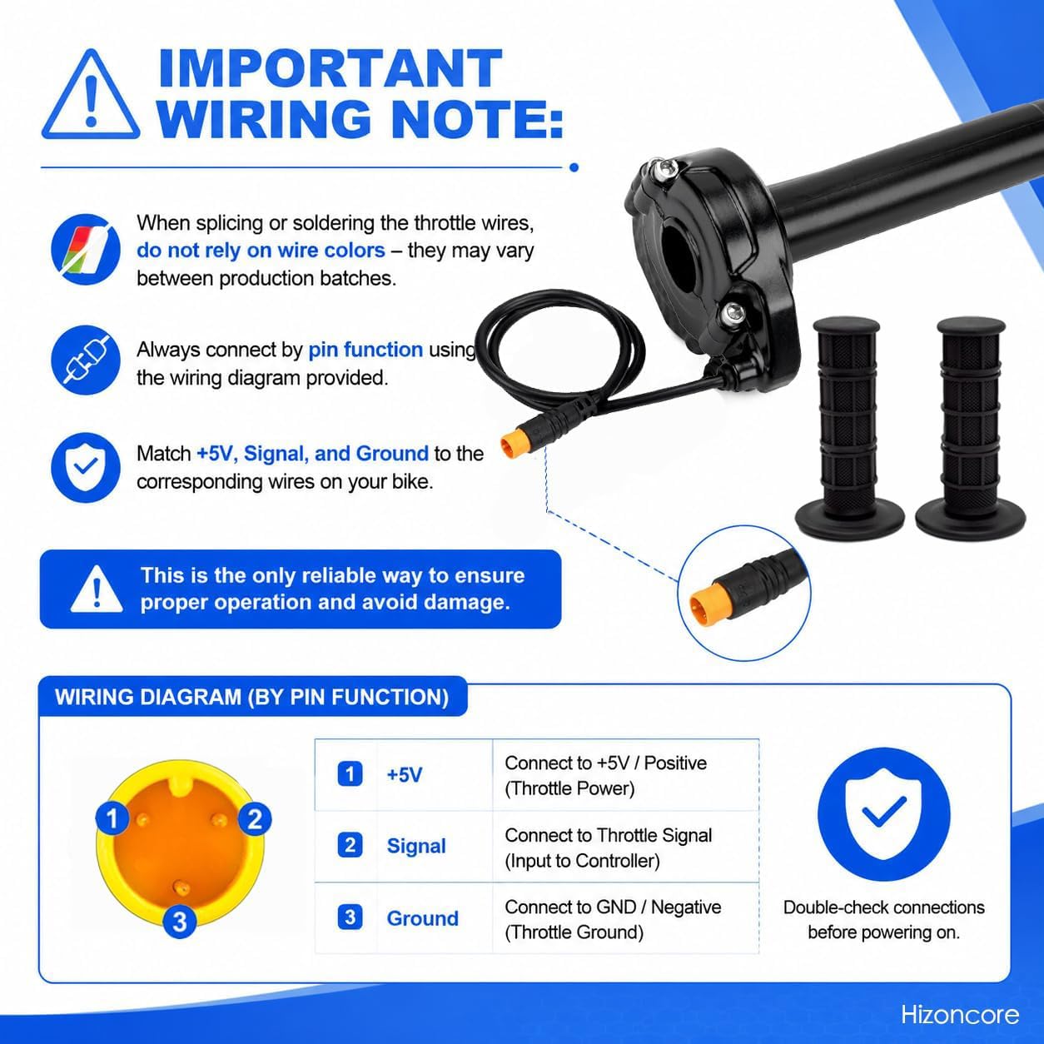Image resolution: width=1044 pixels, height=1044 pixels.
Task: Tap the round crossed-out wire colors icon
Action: (x=86, y=249)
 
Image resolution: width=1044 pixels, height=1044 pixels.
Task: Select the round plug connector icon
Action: (x=86, y=360)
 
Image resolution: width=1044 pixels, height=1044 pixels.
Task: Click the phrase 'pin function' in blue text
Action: (x=365, y=350)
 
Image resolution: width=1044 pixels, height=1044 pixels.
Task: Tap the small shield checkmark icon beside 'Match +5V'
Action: (x=86, y=467)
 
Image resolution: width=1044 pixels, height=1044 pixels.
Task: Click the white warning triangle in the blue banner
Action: (x=97, y=589)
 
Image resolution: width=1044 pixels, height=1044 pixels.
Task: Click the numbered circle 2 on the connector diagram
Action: (x=255, y=818)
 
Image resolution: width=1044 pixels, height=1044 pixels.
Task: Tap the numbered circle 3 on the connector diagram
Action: (x=179, y=921)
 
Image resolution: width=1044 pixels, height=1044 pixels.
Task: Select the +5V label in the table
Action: (x=404, y=775)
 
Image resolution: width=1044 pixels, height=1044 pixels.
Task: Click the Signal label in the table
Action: (x=416, y=846)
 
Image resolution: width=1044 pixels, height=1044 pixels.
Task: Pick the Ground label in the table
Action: (x=423, y=918)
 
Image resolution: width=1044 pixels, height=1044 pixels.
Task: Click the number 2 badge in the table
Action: (x=350, y=846)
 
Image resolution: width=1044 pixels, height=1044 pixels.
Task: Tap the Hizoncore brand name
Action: (x=960, y=1015)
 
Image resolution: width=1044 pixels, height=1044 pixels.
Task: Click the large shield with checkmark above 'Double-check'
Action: (x=883, y=814)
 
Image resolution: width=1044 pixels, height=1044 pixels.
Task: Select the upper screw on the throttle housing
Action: (x=664, y=170)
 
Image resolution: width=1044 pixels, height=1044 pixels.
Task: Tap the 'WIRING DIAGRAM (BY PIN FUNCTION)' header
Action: (x=252, y=697)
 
